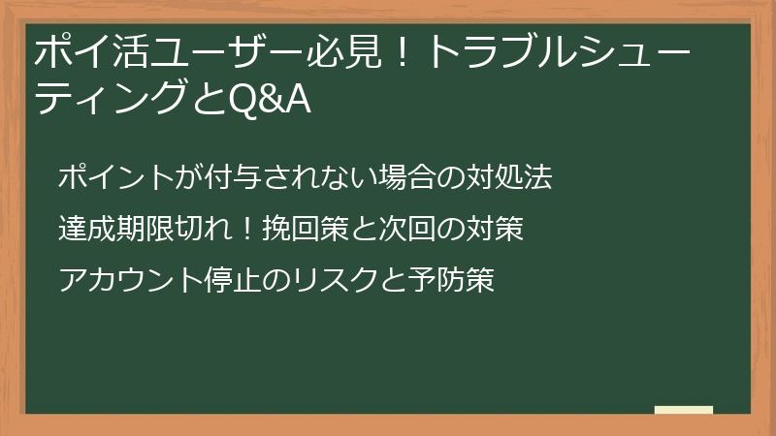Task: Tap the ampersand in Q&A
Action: coord(265,99)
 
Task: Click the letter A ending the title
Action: coord(295,99)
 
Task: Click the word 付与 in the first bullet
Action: coord(231,178)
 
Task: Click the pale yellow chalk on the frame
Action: coord(683,411)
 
